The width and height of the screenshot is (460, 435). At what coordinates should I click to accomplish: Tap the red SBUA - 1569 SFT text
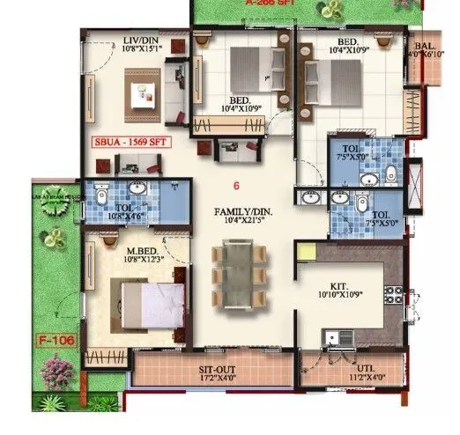coord(133,140)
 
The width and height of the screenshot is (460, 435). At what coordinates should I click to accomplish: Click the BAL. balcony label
coord(424,45)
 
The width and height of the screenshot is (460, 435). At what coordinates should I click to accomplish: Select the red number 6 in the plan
coord(236,185)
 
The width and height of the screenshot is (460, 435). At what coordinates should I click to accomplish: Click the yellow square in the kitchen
coord(306,252)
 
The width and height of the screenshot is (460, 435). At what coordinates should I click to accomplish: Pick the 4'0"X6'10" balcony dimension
coord(424,55)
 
